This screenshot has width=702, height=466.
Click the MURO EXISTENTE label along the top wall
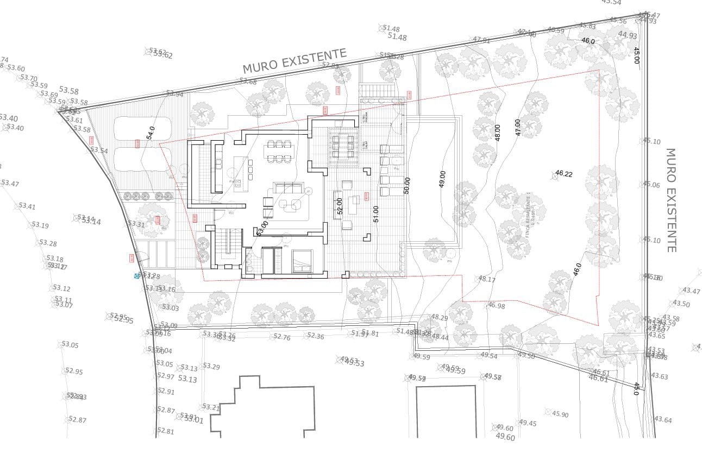pos(294,61)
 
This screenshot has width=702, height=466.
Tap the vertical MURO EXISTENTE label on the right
pos(671,200)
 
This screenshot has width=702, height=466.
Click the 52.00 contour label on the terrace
pos(340,205)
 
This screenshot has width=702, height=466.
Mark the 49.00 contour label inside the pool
pos(442,179)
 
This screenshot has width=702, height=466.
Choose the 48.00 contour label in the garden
pos(497,133)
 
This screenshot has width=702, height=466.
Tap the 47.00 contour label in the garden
pos(518,127)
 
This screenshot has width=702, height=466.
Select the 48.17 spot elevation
pos(486,279)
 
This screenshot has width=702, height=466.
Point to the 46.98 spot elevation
pos(496,306)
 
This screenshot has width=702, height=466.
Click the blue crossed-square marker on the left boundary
pos(137,276)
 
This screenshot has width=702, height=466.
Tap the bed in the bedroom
pos(302,261)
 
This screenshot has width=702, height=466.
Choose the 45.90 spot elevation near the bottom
pos(560,414)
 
